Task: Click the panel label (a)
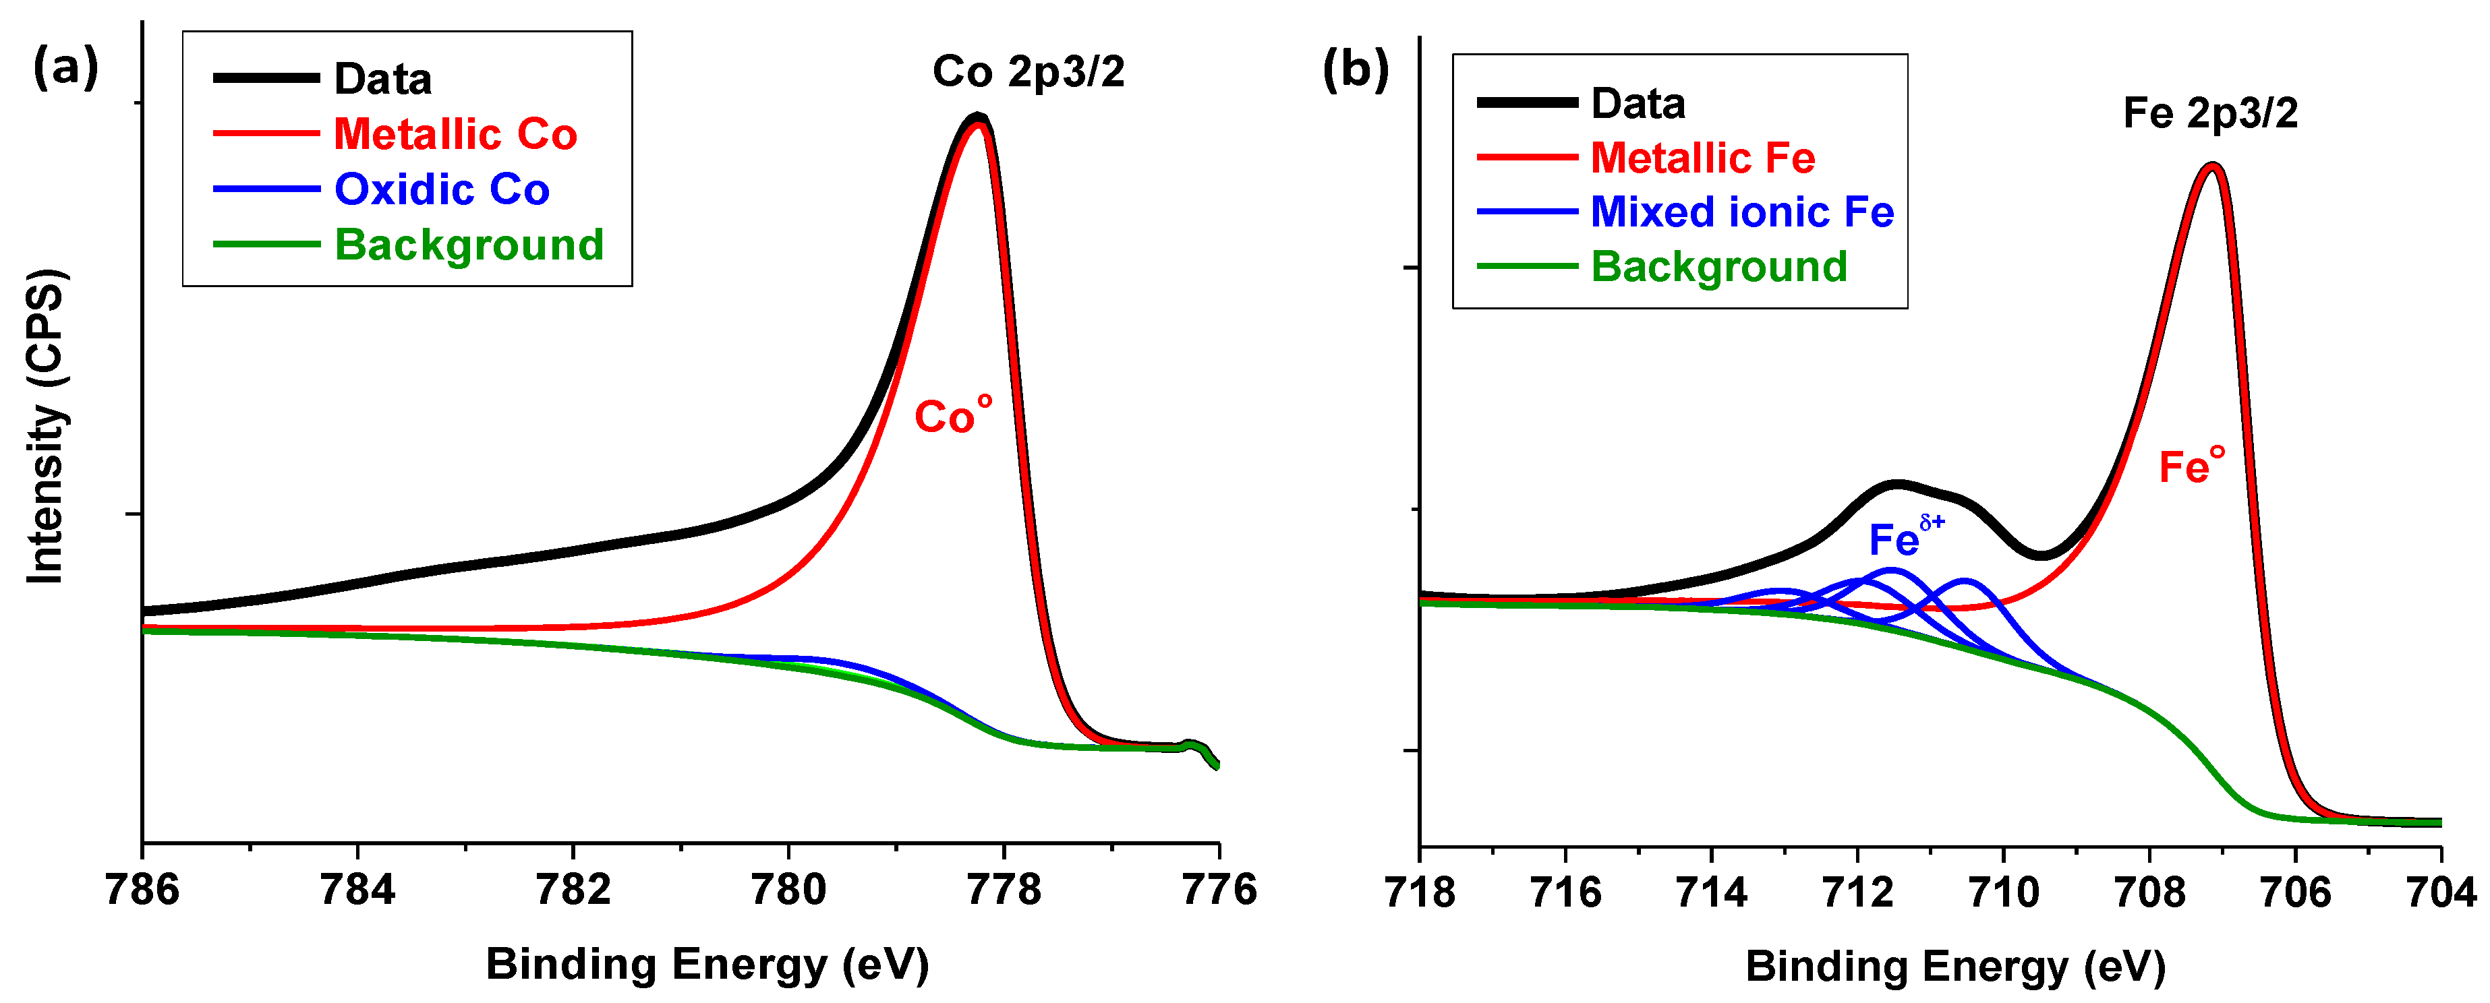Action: (65, 67)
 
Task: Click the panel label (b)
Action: (1355, 69)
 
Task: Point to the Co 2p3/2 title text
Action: (1028, 71)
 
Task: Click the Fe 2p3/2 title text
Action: (2209, 113)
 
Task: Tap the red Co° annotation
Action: (952, 415)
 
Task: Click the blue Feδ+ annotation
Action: (1904, 537)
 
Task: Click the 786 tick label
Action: (143, 890)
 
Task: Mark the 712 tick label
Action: (1857, 892)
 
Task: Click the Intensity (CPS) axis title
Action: (45, 426)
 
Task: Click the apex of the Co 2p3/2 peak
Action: (977, 118)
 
